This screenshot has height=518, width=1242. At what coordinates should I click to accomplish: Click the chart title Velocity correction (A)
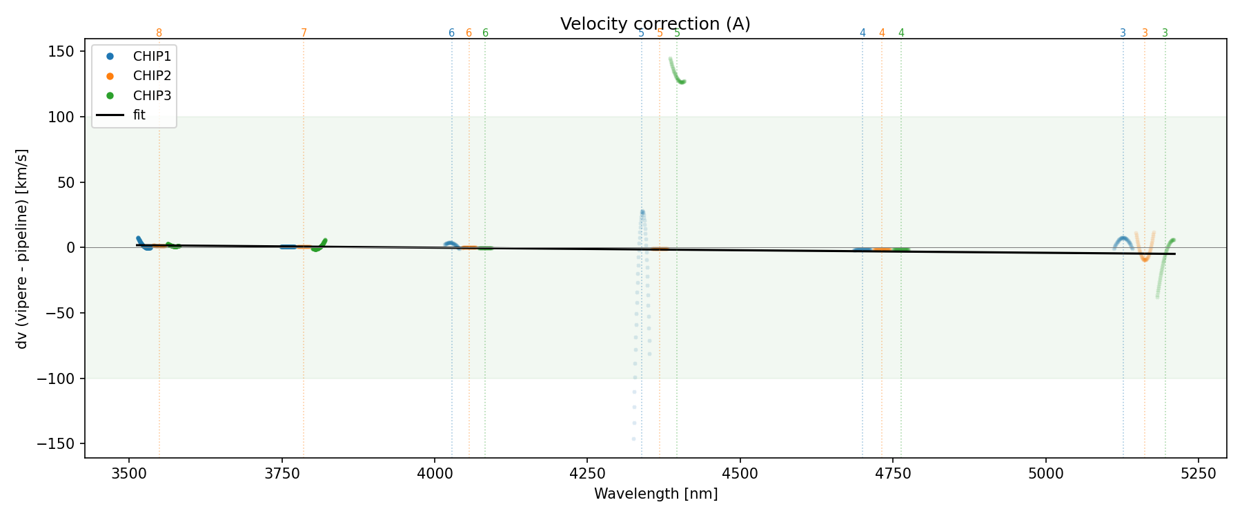tap(655, 24)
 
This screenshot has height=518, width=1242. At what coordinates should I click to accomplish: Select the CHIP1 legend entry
tap(152, 57)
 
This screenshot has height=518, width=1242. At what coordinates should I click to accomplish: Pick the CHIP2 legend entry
tap(152, 76)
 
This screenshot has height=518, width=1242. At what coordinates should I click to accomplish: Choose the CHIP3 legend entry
tap(152, 96)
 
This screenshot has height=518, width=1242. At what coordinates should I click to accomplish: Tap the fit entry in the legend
tap(139, 115)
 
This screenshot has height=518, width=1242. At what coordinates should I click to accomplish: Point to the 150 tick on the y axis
tap(65, 52)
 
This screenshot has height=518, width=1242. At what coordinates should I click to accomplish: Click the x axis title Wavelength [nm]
tap(655, 494)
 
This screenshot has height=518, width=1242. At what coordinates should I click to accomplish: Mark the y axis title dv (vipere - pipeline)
tap(22, 249)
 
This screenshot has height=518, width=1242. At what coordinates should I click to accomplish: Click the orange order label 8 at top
tap(159, 33)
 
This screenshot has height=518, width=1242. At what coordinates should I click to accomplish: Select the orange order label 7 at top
tap(304, 33)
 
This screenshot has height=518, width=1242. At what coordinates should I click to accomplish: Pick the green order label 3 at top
tap(1165, 33)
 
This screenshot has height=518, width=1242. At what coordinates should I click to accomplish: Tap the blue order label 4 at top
tap(862, 33)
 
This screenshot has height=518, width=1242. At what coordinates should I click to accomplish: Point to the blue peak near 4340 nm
tap(642, 212)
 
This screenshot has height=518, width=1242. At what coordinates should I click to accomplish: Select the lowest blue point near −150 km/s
tap(633, 439)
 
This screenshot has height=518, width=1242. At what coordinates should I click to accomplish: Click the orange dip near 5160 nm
tap(1145, 259)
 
